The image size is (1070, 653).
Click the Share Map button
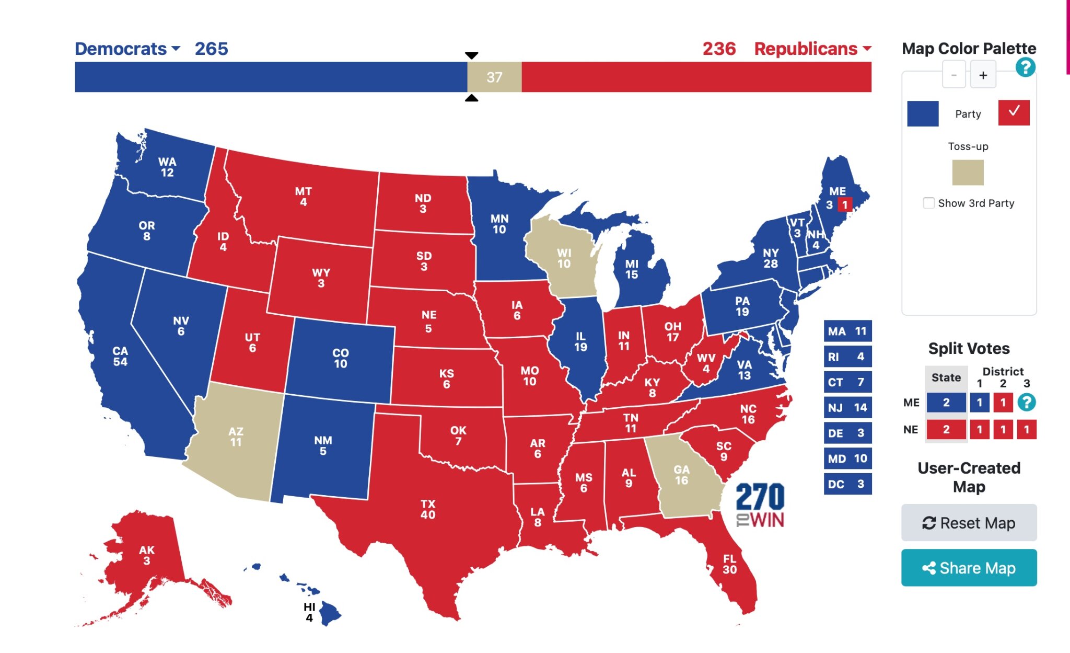[x=969, y=568]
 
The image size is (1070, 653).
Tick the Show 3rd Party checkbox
[x=928, y=203]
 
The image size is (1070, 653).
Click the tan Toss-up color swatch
[x=968, y=173]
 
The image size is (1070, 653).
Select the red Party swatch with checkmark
[x=1014, y=112]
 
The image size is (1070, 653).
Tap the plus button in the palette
[x=983, y=75]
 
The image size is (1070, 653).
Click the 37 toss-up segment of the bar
[x=494, y=77]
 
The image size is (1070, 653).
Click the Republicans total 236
[x=719, y=49]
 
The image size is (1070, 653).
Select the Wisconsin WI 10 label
[x=564, y=258]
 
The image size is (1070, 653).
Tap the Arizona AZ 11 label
[x=236, y=437]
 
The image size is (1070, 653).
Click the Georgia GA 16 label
[x=681, y=475]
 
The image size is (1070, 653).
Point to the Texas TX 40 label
[x=428, y=509]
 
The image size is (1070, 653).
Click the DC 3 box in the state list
[x=847, y=484]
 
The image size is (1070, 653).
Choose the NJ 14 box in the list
[x=847, y=407]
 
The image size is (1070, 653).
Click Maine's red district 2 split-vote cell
[x=1003, y=403]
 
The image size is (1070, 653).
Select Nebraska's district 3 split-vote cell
[x=1026, y=430]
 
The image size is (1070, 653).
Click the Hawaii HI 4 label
[x=309, y=612]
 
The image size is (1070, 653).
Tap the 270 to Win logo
[x=760, y=505]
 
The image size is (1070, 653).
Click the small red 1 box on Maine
[x=845, y=205]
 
